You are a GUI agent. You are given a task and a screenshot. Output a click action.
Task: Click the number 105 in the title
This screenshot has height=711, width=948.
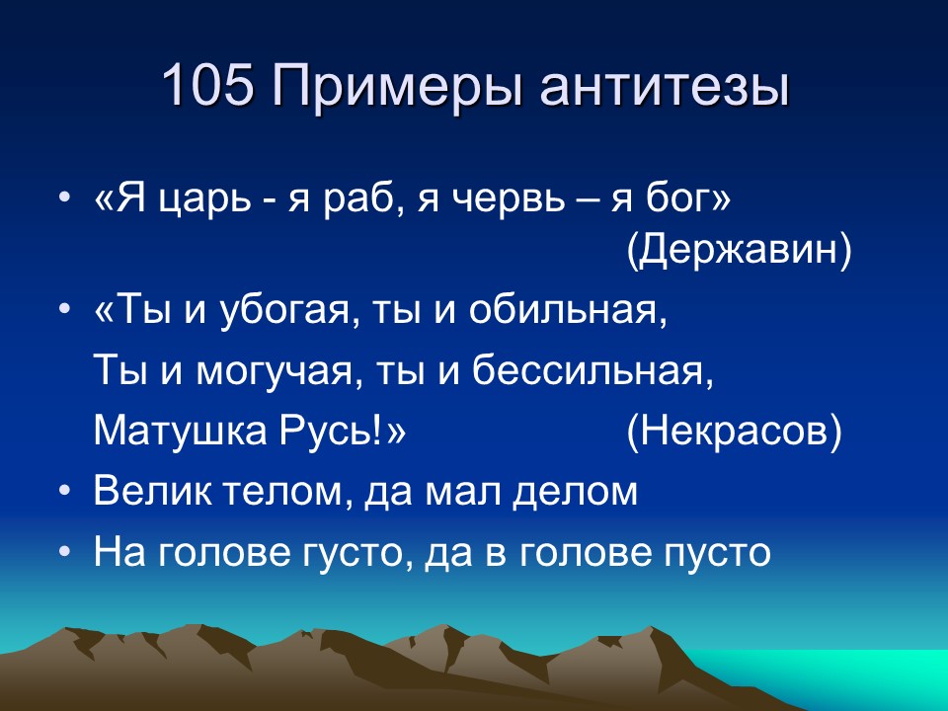(x=207, y=88)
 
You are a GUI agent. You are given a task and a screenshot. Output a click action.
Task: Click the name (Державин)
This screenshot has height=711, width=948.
(x=739, y=252)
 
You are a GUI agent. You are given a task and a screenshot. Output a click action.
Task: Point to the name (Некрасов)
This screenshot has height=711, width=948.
(x=735, y=433)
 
